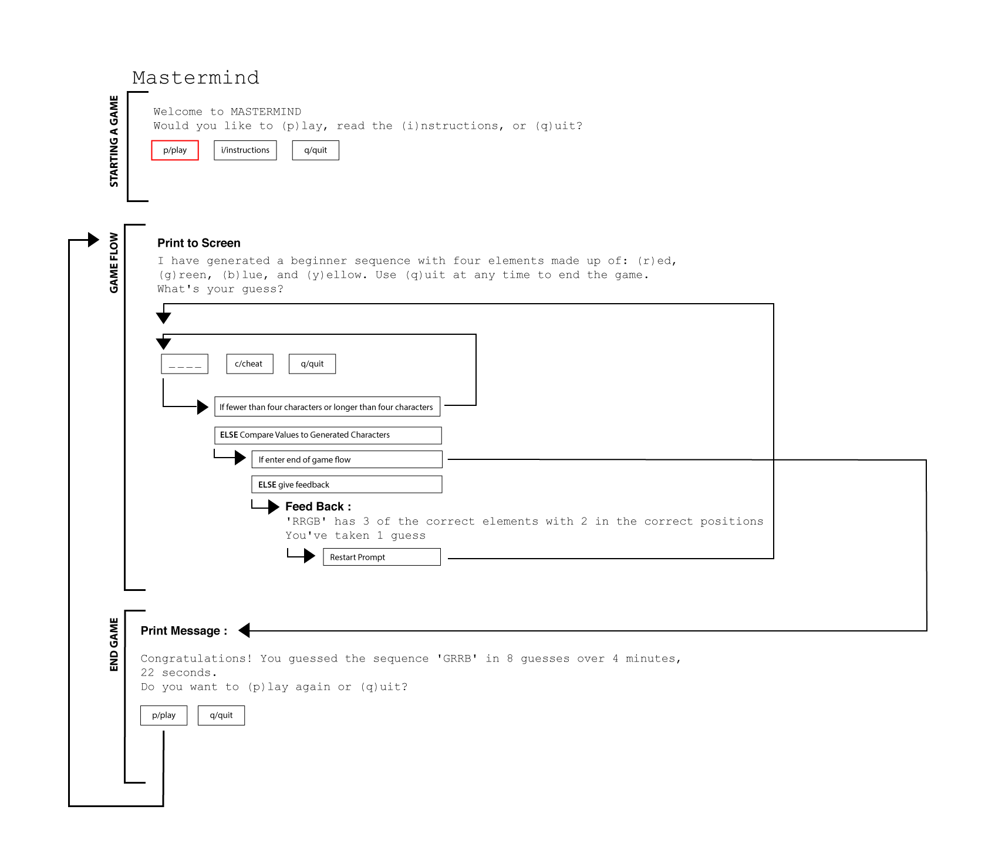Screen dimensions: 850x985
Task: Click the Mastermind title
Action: (x=195, y=78)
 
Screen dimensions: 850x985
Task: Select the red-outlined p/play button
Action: (x=175, y=150)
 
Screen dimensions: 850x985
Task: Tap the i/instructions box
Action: (x=245, y=150)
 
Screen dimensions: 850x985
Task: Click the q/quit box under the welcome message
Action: (x=316, y=150)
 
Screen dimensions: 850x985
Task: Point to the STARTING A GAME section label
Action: (x=114, y=142)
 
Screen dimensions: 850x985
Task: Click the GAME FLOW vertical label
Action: (x=114, y=263)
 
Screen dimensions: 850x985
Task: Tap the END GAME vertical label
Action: (x=114, y=644)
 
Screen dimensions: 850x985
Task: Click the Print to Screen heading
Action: (x=199, y=243)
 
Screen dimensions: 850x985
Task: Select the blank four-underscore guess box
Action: (x=185, y=364)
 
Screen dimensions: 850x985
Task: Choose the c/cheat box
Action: (x=249, y=364)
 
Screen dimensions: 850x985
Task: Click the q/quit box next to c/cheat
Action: (x=312, y=364)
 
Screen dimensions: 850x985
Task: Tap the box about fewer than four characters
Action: (x=327, y=407)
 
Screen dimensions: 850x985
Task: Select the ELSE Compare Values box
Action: (x=328, y=435)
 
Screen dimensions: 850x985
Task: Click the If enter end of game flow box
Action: (x=347, y=460)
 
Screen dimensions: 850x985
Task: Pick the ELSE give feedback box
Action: (x=347, y=485)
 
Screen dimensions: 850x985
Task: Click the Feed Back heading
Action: (x=318, y=506)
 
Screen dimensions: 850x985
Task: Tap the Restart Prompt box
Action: (x=382, y=557)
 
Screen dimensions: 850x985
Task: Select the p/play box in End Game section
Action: (x=164, y=715)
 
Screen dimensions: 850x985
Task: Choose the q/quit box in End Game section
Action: (x=221, y=715)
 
